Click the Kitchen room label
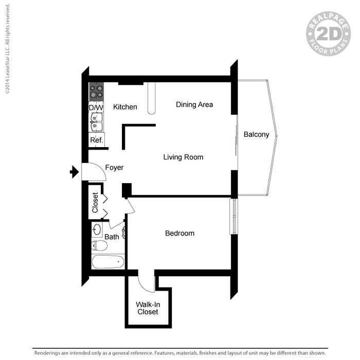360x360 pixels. click(x=125, y=107)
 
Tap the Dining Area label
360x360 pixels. click(x=194, y=104)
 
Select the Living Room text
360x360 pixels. click(x=183, y=157)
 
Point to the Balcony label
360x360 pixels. click(x=256, y=135)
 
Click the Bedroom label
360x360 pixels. click(x=179, y=233)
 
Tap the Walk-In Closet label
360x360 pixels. click(x=147, y=308)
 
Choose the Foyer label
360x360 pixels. click(x=114, y=168)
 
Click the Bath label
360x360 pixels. click(x=112, y=237)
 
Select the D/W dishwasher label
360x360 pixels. click(x=96, y=107)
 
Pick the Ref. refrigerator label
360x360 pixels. click(x=97, y=140)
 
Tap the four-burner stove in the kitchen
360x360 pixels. click(x=96, y=92)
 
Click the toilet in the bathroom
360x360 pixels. click(x=99, y=246)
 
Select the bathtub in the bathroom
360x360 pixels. click(x=107, y=262)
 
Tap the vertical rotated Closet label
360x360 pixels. click(x=95, y=202)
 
